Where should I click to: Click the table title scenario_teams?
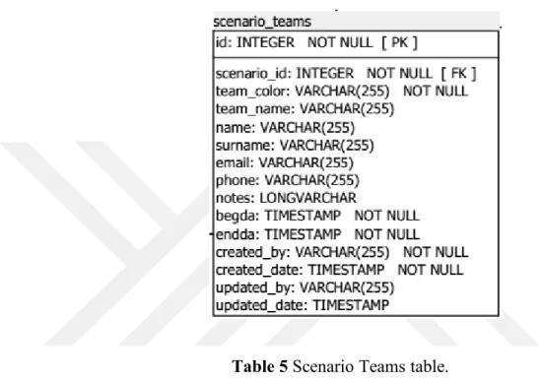tap(262, 22)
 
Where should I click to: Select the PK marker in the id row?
tap(399, 42)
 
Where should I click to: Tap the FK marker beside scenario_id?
tap(458, 74)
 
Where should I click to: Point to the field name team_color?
tap(252, 92)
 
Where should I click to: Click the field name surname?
tap(245, 145)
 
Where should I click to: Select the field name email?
tap(235, 162)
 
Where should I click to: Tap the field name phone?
tap(237, 181)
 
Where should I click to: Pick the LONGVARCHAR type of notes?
tap(307, 198)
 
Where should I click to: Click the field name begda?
tap(237, 216)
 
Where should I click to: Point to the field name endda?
tap(237, 234)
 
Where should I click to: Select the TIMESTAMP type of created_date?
tap(346, 270)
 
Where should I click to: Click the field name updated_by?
tap(255, 287)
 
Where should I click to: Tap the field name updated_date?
tap(261, 305)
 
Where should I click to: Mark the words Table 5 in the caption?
tap(260, 366)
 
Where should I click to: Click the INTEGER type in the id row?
tap(265, 42)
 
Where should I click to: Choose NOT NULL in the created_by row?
tap(436, 252)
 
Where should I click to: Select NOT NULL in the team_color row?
tap(436, 92)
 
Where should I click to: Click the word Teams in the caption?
tap(383, 366)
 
